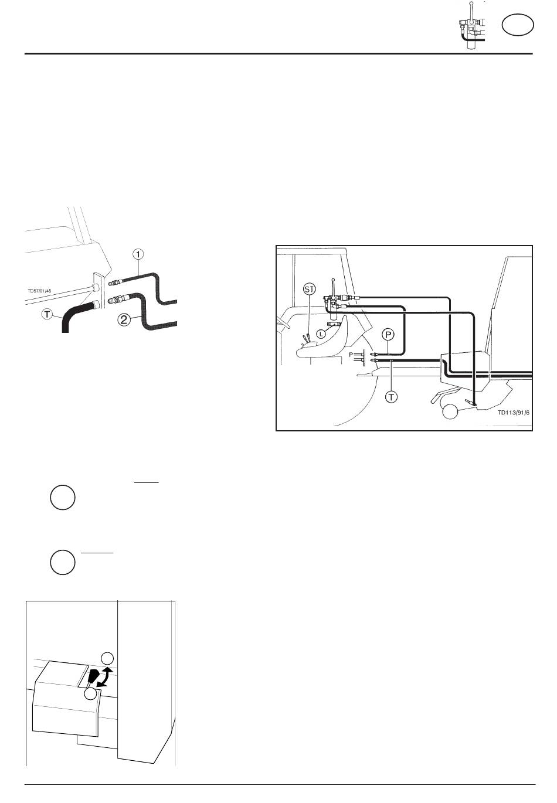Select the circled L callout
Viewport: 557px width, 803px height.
[321, 334]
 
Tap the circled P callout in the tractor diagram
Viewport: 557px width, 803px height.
[388, 335]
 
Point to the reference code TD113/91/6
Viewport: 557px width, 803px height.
[513, 413]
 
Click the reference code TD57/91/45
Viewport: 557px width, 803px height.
[39, 291]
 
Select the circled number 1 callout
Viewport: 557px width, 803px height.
[138, 254]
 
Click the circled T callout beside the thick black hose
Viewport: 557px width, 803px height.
[47, 315]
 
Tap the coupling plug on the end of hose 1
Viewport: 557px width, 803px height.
[116, 281]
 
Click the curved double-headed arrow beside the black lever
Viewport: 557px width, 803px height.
[106, 677]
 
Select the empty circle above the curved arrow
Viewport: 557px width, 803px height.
[108, 659]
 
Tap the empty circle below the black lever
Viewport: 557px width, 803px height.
[90, 694]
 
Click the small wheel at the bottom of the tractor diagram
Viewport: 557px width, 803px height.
[450, 411]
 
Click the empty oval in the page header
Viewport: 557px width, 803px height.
[518, 25]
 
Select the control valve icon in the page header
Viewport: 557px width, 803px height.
[471, 26]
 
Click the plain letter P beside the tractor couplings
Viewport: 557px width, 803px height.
[351, 355]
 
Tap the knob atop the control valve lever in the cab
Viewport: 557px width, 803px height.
[333, 280]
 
